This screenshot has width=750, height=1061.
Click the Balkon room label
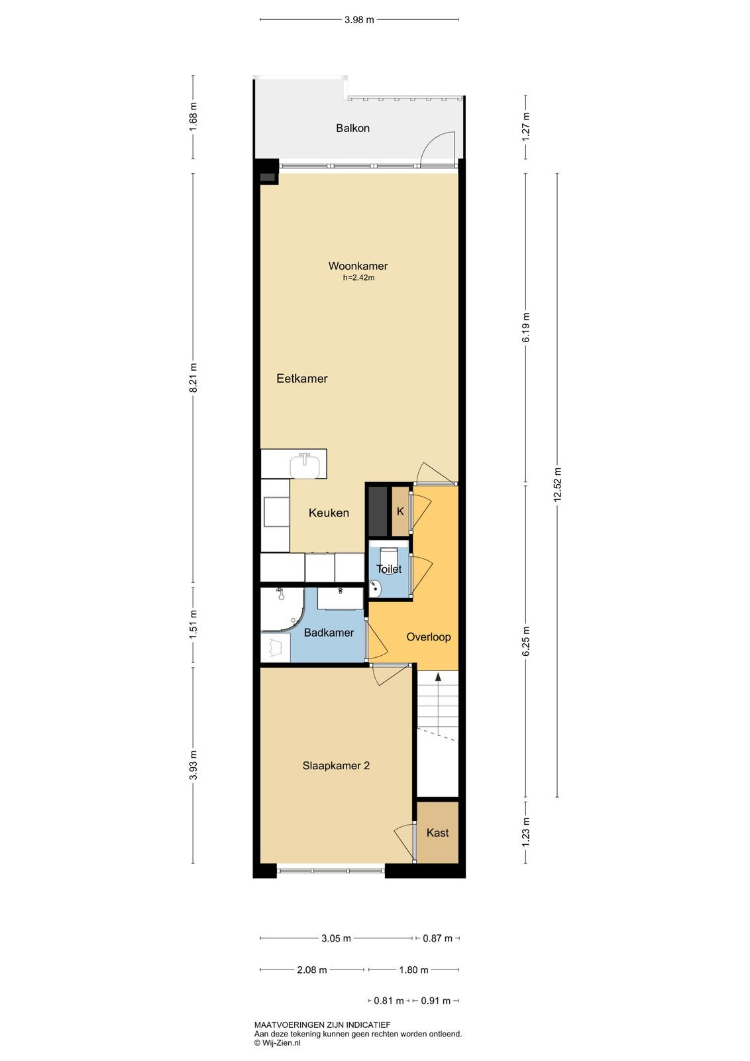(352, 128)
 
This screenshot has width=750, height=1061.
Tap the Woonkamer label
(358, 266)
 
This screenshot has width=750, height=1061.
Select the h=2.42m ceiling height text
(358, 278)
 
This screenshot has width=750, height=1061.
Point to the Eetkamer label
(302, 379)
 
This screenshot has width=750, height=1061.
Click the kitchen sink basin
(305, 466)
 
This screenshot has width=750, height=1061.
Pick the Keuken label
(329, 513)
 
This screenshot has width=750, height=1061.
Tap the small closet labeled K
(401, 511)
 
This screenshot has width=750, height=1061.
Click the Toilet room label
(389, 569)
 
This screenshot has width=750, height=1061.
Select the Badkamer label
(329, 633)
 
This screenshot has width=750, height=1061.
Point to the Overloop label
(428, 637)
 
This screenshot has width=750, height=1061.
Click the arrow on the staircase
(438, 703)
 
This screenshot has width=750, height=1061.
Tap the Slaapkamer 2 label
(336, 765)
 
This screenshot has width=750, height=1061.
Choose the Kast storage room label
(437, 833)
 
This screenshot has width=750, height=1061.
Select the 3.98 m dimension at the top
(359, 19)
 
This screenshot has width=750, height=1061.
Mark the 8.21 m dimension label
(193, 377)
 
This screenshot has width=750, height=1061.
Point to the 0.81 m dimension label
(388, 1001)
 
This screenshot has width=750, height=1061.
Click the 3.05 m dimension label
(336, 938)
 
